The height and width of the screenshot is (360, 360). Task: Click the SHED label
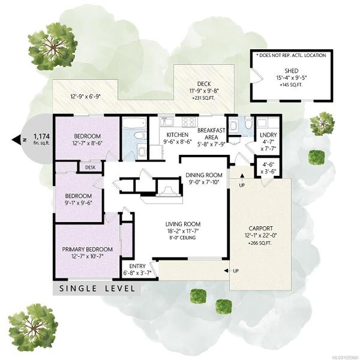coord(292,71)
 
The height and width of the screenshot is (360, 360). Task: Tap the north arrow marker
coord(16,140)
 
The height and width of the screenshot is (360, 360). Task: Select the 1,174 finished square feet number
coord(41,136)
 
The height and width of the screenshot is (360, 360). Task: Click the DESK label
coord(90,167)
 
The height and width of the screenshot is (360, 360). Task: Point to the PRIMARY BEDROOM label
coord(87,250)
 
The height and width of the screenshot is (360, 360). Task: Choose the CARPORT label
coord(260,229)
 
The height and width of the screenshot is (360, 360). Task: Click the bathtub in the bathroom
coord(134,122)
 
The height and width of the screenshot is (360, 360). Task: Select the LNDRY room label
coord(268,135)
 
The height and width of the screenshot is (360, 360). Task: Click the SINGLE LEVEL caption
coord(97,289)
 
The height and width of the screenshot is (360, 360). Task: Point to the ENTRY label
coord(137,266)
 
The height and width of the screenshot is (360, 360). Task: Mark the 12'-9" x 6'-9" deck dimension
coord(86,97)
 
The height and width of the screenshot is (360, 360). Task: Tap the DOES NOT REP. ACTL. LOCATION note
coord(291,55)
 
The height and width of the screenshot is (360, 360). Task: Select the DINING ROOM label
coord(204,175)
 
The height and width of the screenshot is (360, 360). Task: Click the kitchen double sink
coord(167,121)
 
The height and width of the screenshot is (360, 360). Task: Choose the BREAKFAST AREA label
coord(211,134)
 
